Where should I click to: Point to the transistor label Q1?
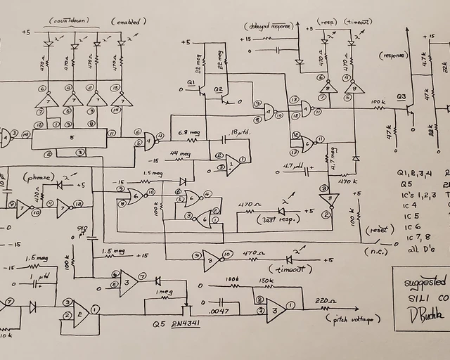[x=191, y=84]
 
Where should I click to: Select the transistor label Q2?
[x=218, y=90]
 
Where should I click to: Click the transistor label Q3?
[x=401, y=96]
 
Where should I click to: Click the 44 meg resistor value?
[x=181, y=153]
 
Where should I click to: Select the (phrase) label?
[x=35, y=177]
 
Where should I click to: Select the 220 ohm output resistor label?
[x=324, y=300]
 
